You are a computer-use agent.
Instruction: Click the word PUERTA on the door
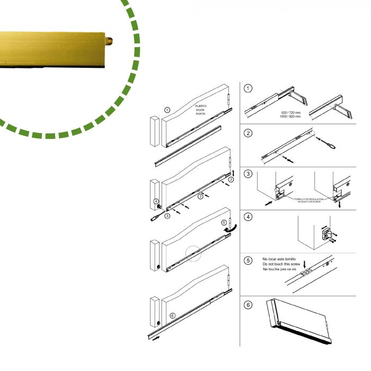[201, 106]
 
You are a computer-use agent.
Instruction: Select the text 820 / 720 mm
[291, 112]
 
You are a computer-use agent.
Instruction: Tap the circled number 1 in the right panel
[249, 89]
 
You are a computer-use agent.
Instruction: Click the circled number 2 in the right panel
[249, 133]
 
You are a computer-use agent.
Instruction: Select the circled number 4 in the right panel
[249, 217]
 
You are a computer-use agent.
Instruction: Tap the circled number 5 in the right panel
[249, 260]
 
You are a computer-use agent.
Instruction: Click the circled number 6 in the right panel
[249, 305]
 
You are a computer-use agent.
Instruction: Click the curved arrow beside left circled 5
[231, 229]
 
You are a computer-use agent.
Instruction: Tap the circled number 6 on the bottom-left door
[172, 315]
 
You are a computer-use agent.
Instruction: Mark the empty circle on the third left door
[193, 253]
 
